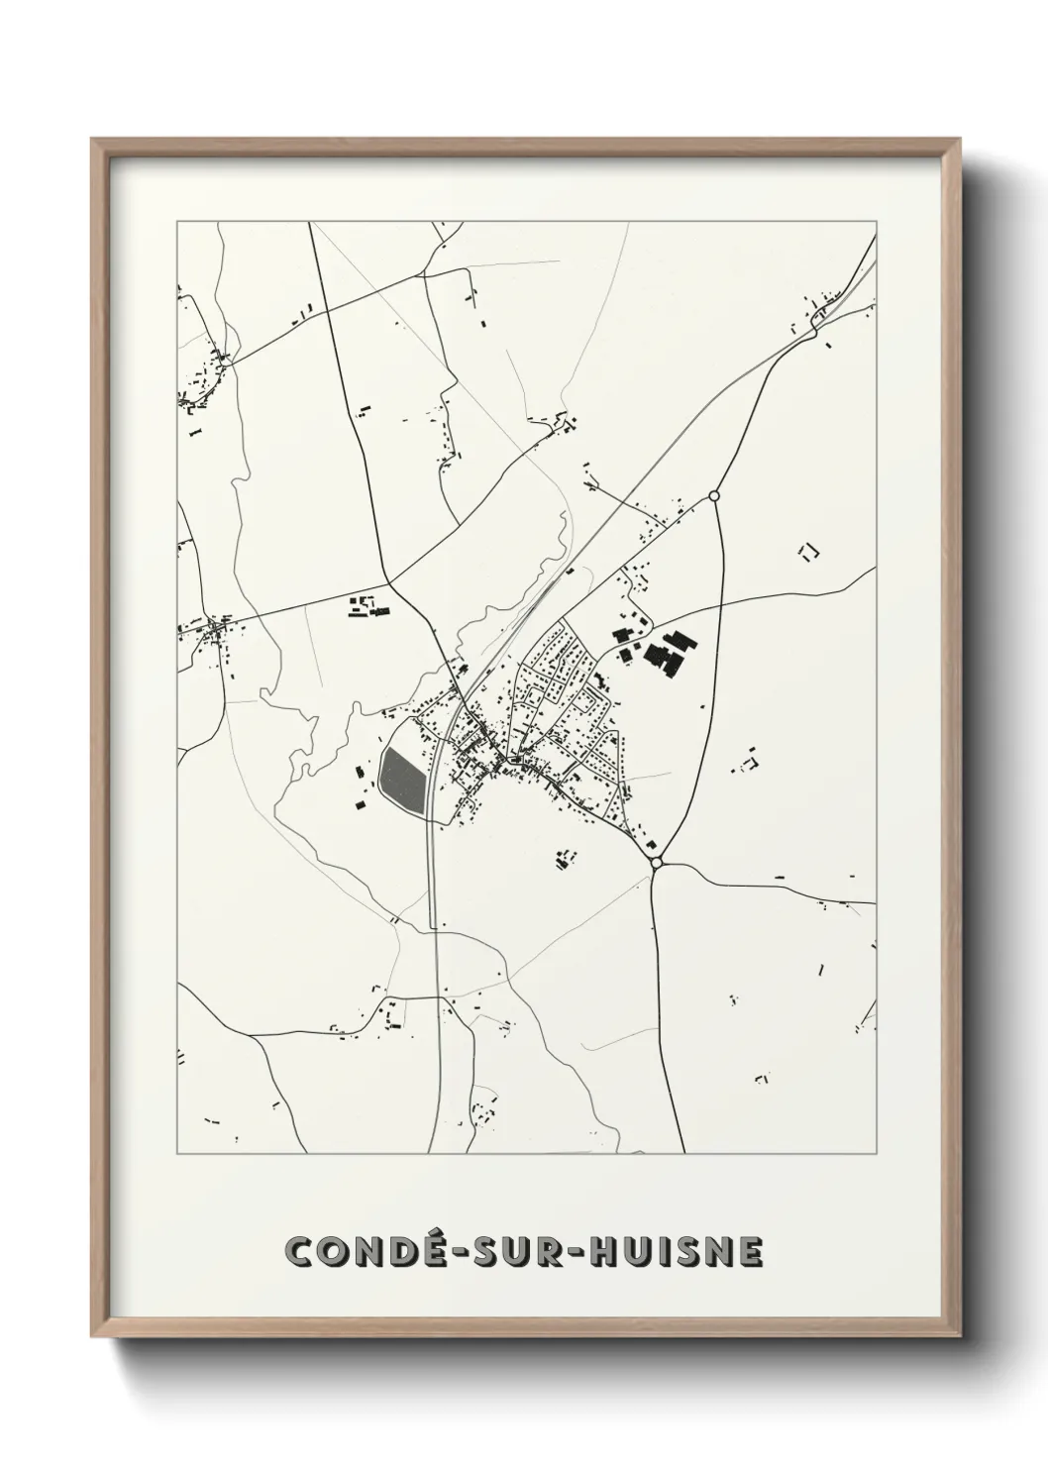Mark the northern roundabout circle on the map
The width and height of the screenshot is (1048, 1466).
coord(714,494)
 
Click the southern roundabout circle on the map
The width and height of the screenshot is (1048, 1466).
coord(656,864)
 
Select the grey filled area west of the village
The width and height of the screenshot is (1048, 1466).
coord(402,781)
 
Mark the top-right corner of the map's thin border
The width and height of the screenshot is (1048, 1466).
coord(876,222)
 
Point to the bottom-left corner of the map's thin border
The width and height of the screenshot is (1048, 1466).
coord(177,1154)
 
